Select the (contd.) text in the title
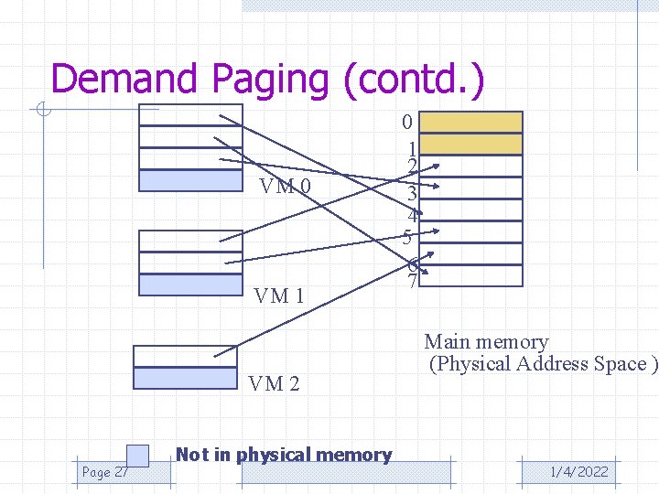[x=413, y=80]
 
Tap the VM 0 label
[x=285, y=188]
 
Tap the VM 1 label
[x=279, y=295]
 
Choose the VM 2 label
[x=274, y=383]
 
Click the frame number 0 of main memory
[x=408, y=122]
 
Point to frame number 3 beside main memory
[x=412, y=193]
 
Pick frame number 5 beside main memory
[x=406, y=237]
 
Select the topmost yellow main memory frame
[x=470, y=123]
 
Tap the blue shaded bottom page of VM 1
[x=189, y=285]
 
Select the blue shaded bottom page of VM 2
[x=185, y=378]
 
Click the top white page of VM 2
[x=185, y=356]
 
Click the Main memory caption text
[x=486, y=342]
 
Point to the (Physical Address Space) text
[x=543, y=364]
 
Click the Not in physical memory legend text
[x=283, y=455]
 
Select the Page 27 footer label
[x=104, y=472]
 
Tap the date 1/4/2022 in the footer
[x=578, y=472]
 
